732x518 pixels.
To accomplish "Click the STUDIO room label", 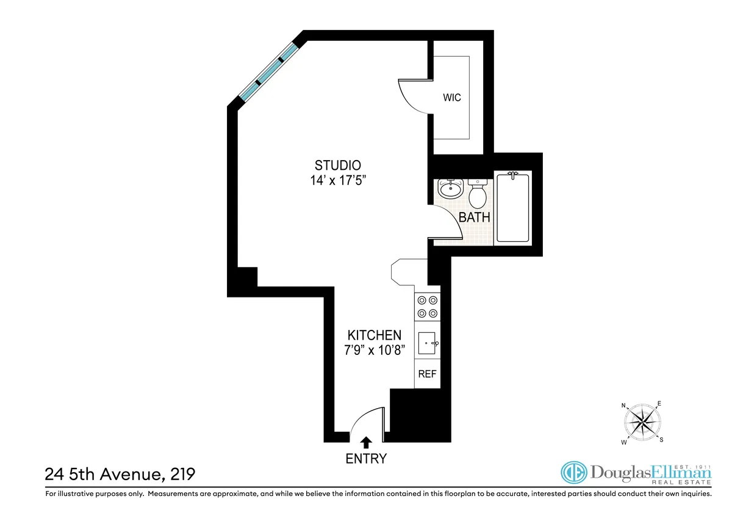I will [x=338, y=165].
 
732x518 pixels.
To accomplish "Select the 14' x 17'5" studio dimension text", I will [x=338, y=181].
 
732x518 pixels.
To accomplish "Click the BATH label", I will [x=474, y=217].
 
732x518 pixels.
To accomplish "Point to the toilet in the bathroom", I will [x=477, y=194].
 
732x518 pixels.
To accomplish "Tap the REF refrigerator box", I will [x=427, y=374].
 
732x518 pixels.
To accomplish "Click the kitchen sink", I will [x=427, y=344].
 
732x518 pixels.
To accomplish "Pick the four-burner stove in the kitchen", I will [x=427, y=307].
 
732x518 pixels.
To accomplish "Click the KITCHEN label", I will [x=375, y=335].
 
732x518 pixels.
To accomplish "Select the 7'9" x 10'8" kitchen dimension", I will [x=375, y=351].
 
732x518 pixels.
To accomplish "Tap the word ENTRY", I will [x=367, y=459].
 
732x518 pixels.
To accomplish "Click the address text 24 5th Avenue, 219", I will [x=121, y=474].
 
